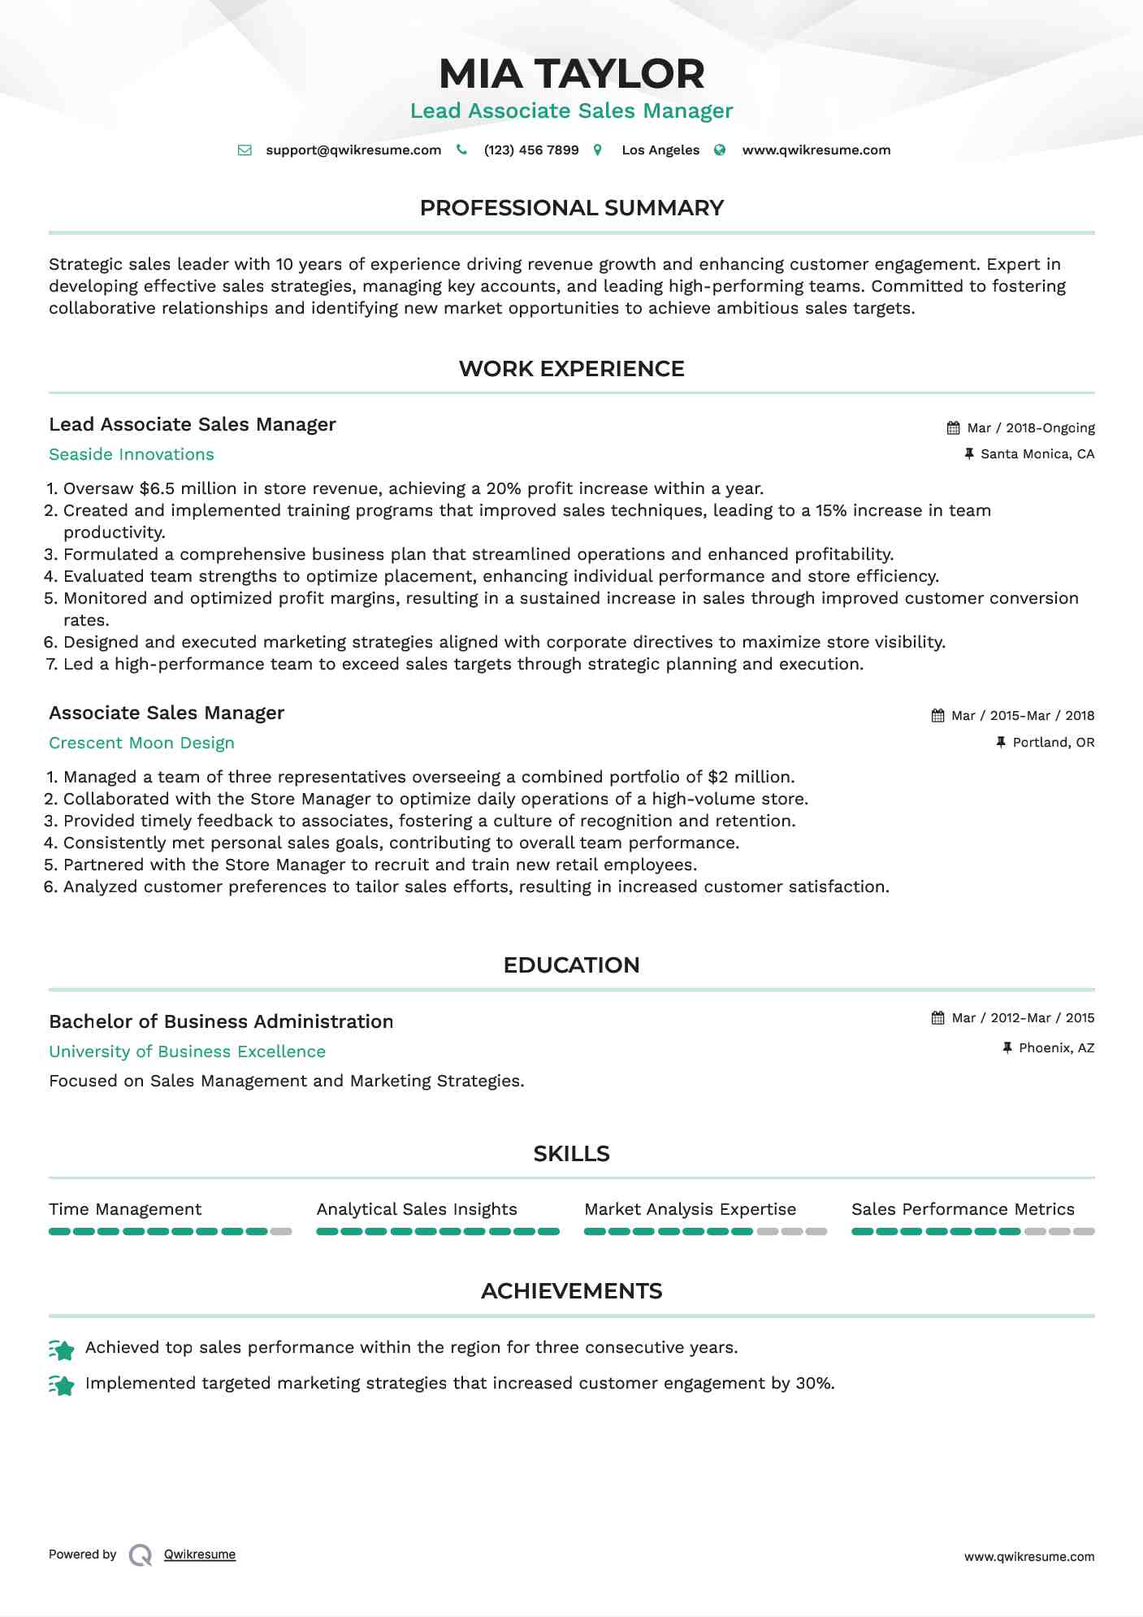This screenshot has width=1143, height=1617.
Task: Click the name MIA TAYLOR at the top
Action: click(x=571, y=74)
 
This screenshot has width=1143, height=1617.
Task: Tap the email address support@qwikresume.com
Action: click(x=353, y=150)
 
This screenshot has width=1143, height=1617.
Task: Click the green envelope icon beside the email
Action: click(x=244, y=150)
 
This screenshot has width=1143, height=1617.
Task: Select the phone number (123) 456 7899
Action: click(x=531, y=150)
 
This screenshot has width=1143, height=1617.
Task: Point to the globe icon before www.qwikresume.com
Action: click(x=720, y=150)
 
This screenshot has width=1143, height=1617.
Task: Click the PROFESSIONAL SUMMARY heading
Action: click(x=571, y=208)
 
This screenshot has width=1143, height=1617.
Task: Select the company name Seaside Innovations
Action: click(x=132, y=454)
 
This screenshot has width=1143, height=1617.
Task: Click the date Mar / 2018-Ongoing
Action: click(x=1030, y=428)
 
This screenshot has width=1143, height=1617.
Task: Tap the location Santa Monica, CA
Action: click(x=1037, y=454)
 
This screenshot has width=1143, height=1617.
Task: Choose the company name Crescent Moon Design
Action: click(x=141, y=743)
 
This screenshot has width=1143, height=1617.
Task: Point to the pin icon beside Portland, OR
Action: click(x=1001, y=742)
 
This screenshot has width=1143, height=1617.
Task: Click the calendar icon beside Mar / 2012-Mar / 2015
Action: click(x=937, y=1018)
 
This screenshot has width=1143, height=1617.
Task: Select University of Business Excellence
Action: click(x=187, y=1051)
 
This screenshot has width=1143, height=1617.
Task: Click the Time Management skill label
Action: click(x=125, y=1209)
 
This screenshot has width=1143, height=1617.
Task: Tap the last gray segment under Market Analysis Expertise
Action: click(x=816, y=1232)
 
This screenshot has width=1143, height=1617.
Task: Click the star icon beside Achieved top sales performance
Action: click(x=62, y=1350)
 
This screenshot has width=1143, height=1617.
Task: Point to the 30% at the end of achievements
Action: click(x=815, y=1383)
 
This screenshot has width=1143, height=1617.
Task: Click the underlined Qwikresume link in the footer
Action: click(x=200, y=1554)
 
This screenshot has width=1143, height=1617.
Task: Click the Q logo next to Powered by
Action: click(x=141, y=1555)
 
